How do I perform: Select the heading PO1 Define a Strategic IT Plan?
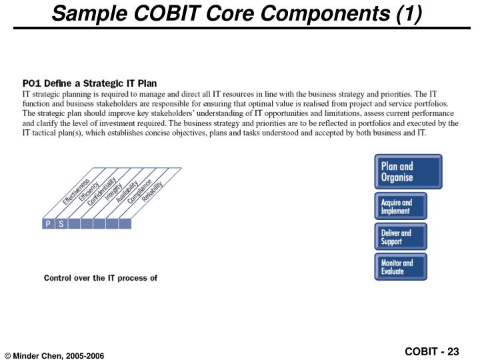[89, 84]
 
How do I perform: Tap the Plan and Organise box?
[408, 172]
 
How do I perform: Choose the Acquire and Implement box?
[400, 207]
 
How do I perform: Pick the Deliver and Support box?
[400, 237]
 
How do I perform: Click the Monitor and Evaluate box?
[400, 267]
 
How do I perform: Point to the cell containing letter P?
[48, 224]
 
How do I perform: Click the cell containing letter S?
[61, 224]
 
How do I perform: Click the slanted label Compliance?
[139, 191]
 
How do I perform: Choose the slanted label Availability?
[127, 192]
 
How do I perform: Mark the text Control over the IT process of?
[100, 277]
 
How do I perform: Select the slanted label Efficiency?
[89, 192]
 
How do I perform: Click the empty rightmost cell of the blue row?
[125, 224]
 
